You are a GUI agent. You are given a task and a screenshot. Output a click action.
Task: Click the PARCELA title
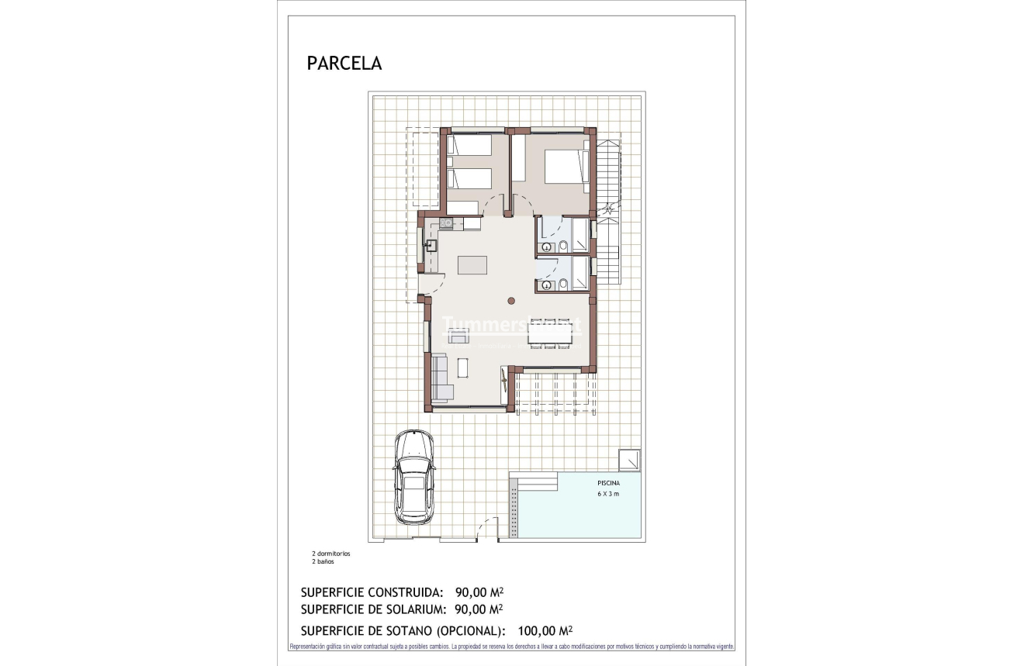click(x=344, y=64)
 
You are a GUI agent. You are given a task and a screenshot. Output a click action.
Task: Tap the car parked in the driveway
click(x=413, y=476)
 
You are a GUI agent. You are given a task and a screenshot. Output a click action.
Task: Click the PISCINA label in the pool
click(x=608, y=482)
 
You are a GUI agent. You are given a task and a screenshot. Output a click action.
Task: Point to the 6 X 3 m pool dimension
click(x=608, y=494)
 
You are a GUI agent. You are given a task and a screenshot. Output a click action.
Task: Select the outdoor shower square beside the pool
click(x=629, y=459)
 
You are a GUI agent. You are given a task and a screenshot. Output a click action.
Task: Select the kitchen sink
click(x=431, y=247)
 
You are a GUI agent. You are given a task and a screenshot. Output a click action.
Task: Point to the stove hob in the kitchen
click(x=446, y=223)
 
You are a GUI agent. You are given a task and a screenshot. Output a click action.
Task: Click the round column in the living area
click(x=510, y=301)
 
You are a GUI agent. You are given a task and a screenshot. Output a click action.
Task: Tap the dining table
click(x=553, y=333)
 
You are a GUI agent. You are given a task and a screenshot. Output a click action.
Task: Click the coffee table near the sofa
click(x=463, y=367)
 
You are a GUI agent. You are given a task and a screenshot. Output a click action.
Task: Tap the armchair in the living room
click(x=458, y=336)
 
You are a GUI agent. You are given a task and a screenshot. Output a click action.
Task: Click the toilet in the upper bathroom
click(x=563, y=247)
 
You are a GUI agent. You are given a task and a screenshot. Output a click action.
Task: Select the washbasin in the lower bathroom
click(x=548, y=285)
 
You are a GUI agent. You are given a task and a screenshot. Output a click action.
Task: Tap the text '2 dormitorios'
click(x=331, y=554)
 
